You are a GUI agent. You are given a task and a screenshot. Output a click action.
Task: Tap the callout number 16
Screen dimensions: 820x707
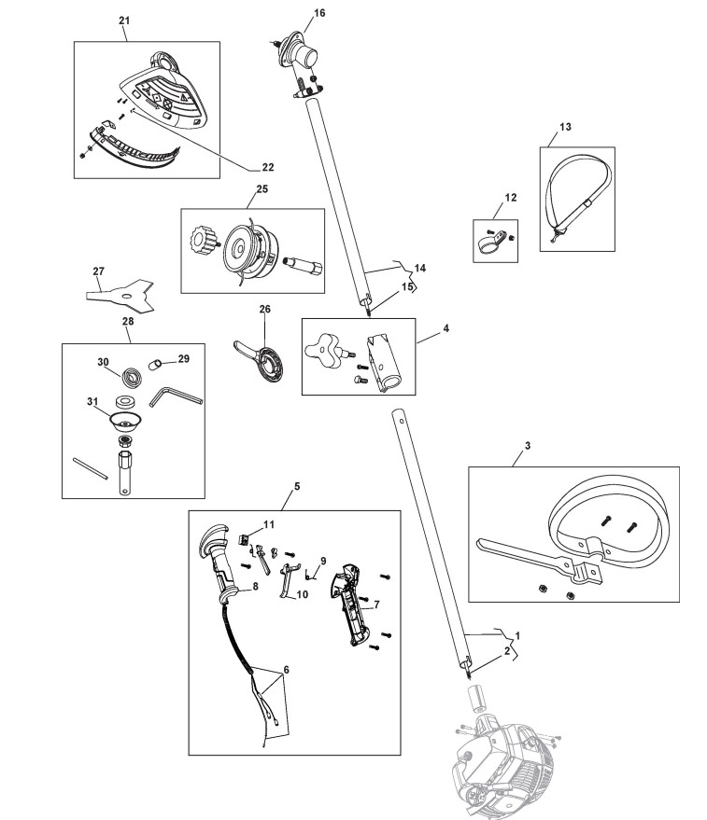click(x=319, y=13)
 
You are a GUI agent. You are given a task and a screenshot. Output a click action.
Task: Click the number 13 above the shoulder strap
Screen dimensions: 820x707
click(x=564, y=127)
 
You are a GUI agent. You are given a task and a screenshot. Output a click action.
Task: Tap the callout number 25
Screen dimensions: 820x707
click(x=262, y=188)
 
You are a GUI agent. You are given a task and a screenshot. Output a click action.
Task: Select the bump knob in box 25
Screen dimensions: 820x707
click(x=203, y=245)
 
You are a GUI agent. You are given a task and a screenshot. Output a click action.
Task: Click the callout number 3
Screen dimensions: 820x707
click(x=527, y=447)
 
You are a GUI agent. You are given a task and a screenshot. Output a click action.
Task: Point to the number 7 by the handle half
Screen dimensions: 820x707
click(x=375, y=605)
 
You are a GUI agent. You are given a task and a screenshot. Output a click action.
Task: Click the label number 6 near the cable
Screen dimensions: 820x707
click(x=285, y=670)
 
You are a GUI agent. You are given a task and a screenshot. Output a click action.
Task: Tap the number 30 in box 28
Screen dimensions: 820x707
click(x=104, y=362)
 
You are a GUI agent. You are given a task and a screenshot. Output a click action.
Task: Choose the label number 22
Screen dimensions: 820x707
click(x=267, y=168)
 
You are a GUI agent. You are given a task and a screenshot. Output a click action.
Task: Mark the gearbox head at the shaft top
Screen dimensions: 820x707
click(x=300, y=57)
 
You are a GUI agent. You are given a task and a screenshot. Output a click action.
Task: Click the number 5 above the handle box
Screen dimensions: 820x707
click(x=296, y=486)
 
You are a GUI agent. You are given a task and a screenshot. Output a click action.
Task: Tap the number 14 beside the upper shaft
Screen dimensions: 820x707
click(x=419, y=268)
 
